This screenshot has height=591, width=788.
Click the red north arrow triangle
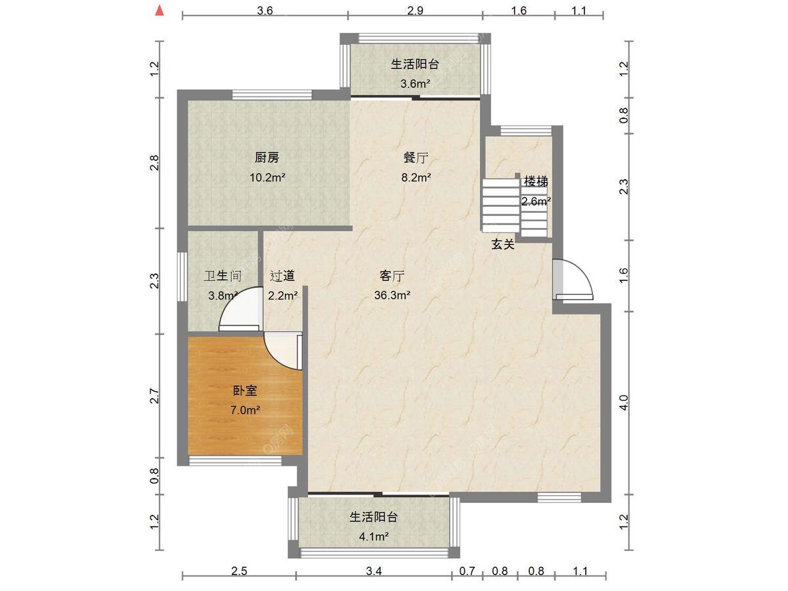point(160,11)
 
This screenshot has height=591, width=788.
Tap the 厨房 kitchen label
point(267,157)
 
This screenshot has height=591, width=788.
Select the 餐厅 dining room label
point(416,157)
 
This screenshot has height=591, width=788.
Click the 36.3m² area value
point(392,295)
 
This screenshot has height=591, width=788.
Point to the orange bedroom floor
point(244,395)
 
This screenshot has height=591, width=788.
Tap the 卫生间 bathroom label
point(223,276)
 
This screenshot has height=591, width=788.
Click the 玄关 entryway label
point(503,244)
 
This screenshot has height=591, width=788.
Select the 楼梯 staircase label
point(536,182)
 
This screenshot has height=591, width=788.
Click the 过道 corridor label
point(282,276)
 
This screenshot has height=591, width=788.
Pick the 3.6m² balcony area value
point(416,83)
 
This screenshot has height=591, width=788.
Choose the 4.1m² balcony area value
point(374,536)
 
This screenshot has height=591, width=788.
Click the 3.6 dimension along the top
point(265,11)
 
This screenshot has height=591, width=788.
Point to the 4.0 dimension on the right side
point(624,403)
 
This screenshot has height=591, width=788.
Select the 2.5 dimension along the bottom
point(239,571)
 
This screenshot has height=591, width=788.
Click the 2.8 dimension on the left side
point(154,163)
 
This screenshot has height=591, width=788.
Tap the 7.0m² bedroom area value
point(245,410)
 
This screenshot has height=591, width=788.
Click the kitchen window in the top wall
point(272,95)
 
